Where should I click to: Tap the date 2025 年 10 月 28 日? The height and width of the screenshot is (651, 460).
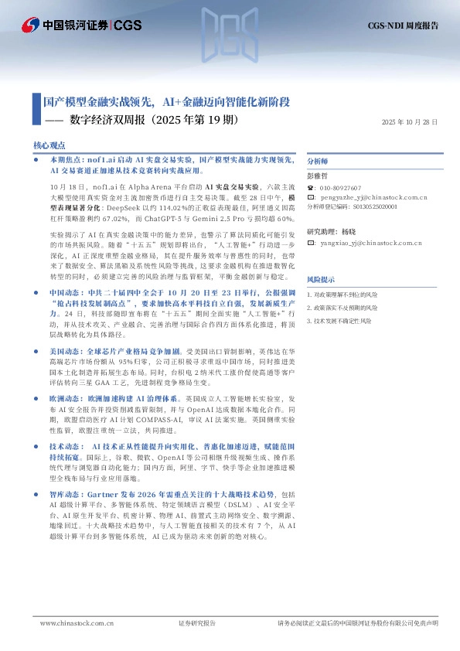[410, 122]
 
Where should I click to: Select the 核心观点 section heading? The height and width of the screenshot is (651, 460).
[49, 145]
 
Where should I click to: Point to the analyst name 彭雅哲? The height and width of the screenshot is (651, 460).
[318, 176]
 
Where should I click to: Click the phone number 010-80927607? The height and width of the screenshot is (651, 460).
[340, 187]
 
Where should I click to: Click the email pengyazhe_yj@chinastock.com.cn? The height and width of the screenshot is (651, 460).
[369, 197]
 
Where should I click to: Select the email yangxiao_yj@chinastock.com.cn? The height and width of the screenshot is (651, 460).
[369, 244]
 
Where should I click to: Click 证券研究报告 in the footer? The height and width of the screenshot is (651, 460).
[197, 622]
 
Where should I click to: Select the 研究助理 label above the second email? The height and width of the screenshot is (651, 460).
[322, 232]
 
